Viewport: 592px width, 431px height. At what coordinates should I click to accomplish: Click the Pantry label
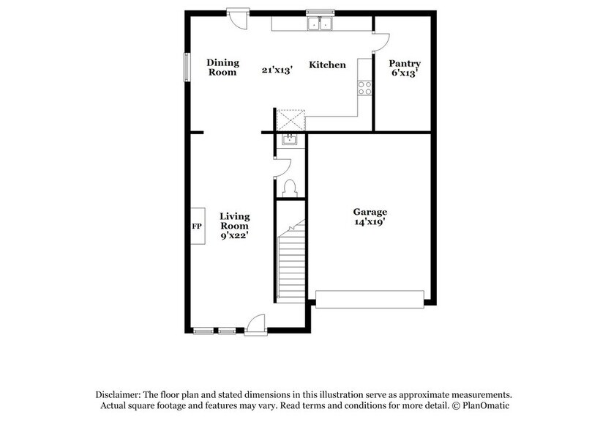tap(404, 64)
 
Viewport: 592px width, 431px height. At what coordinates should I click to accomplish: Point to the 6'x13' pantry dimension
tap(404, 74)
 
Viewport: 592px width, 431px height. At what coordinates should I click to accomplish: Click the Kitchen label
tap(327, 65)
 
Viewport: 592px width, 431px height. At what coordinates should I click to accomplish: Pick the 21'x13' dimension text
tap(277, 70)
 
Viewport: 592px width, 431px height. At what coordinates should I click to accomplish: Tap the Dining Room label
tap(222, 67)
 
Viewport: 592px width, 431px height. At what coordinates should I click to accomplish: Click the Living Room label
tap(235, 221)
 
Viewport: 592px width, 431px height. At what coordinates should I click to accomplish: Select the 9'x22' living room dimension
tap(235, 236)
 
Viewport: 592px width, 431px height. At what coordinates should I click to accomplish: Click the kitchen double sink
tap(319, 24)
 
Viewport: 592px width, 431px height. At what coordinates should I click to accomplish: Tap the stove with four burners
tap(364, 88)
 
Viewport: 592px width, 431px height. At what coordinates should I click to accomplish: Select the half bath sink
tap(289, 139)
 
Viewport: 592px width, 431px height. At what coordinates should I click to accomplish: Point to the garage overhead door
tap(370, 298)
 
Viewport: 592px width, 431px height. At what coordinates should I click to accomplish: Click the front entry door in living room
tap(255, 325)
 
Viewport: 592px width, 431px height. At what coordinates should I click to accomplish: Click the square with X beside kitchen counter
tap(290, 120)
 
